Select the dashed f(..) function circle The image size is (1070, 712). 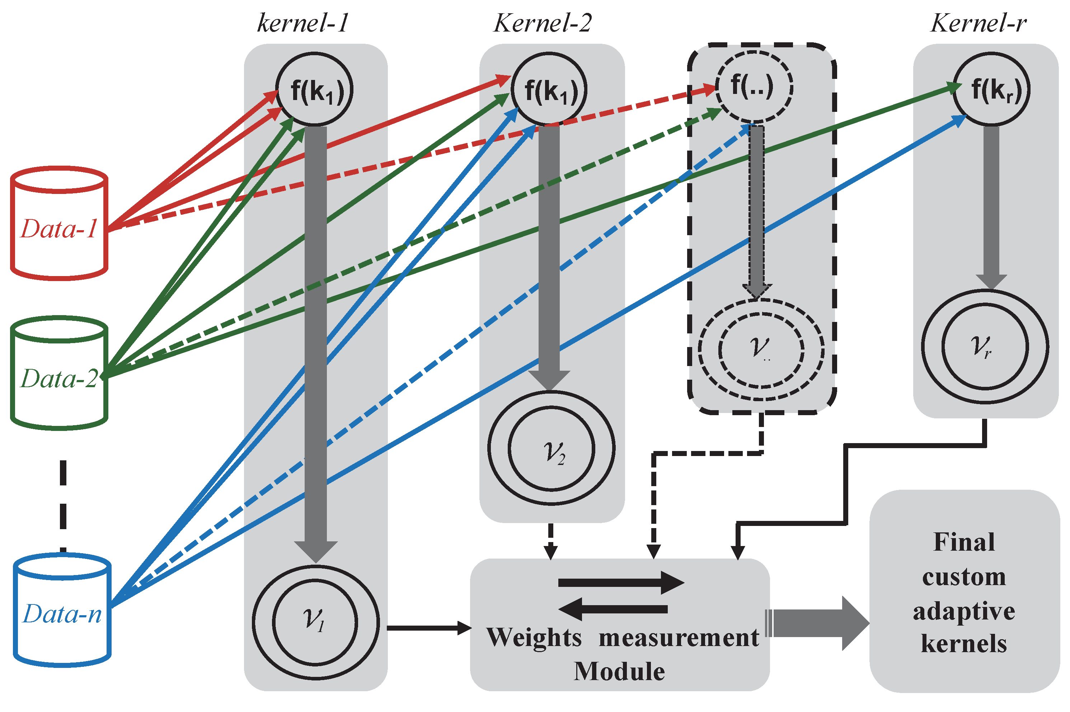click(x=754, y=87)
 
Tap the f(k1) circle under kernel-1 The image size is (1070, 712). click(x=314, y=89)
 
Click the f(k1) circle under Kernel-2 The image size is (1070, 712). click(x=549, y=89)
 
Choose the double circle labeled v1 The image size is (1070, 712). click(x=315, y=622)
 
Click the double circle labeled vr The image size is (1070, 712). click(x=985, y=346)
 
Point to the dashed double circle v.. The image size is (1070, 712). click(x=761, y=350)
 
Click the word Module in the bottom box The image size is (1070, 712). click(x=619, y=671)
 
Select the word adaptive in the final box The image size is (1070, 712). click(x=964, y=611)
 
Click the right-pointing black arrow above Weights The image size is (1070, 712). click(x=620, y=583)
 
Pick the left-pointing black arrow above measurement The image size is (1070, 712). click(x=613, y=609)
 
